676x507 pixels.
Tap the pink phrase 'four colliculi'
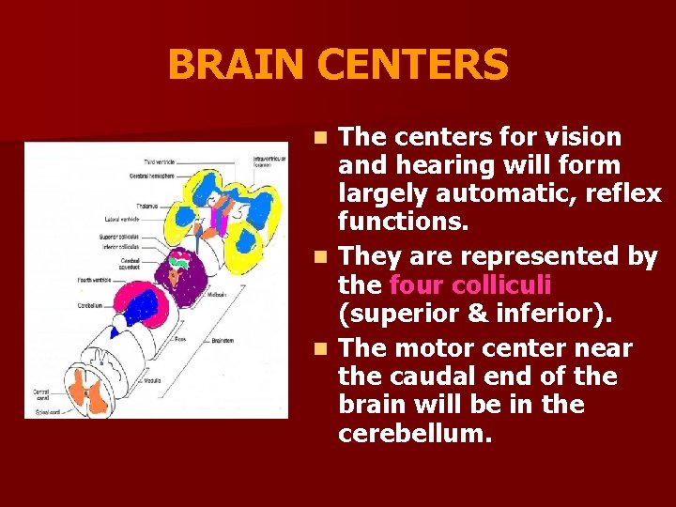469,284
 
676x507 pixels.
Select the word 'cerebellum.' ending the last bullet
415,433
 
